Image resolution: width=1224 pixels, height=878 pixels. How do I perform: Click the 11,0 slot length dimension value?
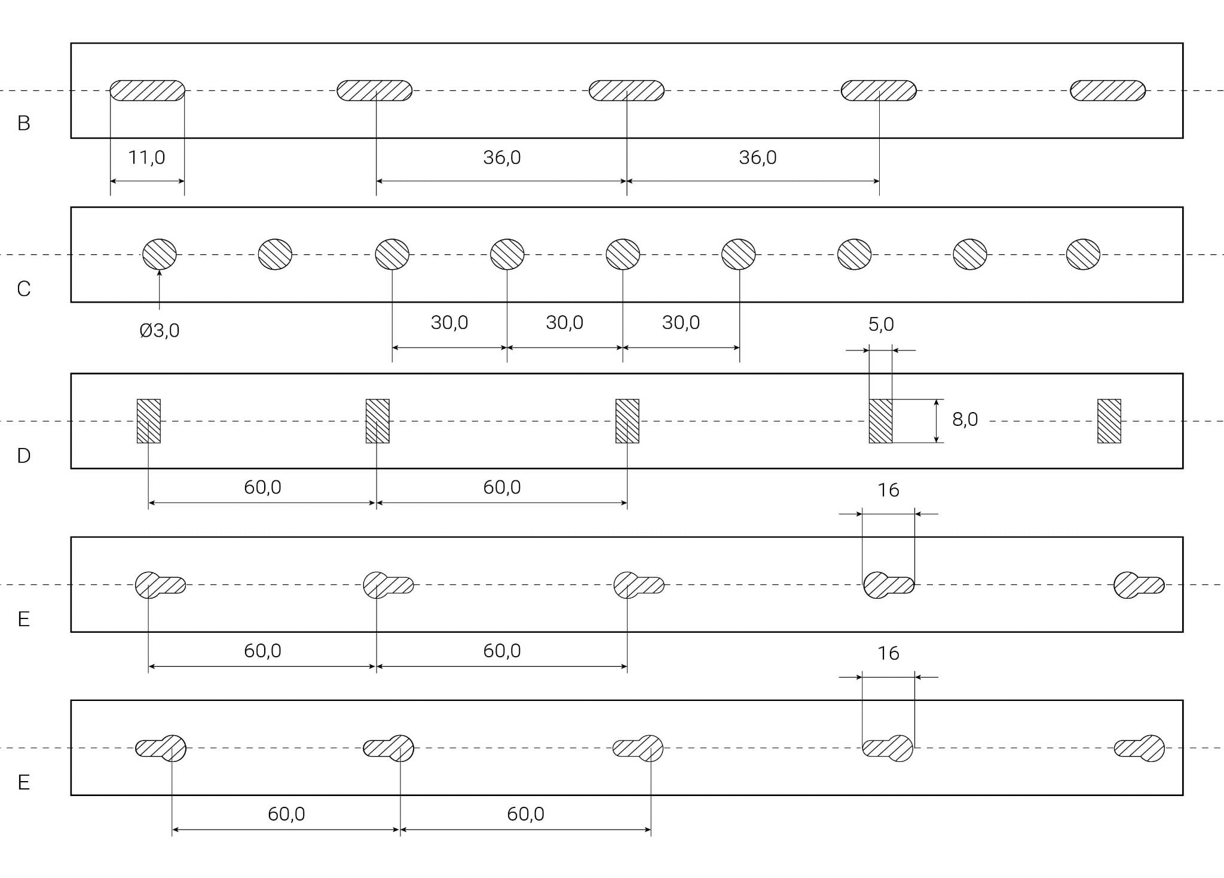pos(146,158)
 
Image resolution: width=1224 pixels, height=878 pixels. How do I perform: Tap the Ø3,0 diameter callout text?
pos(160,331)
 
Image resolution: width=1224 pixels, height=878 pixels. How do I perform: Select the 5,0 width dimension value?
pos(881,325)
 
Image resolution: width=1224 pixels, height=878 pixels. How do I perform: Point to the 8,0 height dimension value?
pos(965,420)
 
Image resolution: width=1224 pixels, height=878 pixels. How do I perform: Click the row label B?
pos(24,123)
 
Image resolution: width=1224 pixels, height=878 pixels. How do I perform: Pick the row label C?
pos(24,289)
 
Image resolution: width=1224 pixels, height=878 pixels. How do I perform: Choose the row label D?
pos(24,456)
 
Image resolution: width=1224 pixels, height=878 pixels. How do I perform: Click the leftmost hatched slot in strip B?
pos(148,91)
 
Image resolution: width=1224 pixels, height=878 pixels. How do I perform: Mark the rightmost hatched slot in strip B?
pos(1107,91)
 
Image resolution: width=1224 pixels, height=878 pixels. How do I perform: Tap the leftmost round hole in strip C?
pos(160,255)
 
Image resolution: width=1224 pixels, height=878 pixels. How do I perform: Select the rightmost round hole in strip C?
pos(1083,255)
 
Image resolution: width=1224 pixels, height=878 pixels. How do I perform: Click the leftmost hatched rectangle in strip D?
pos(149,421)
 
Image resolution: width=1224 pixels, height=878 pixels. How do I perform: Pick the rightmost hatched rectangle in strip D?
pos(1109,421)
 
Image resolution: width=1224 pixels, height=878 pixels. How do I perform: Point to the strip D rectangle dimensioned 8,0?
pos(880,421)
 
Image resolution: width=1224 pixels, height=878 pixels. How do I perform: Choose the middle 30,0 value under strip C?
pos(564,323)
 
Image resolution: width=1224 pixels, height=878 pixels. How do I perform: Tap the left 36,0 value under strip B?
pos(502,158)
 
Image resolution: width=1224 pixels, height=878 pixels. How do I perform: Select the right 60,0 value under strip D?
pos(502,487)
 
